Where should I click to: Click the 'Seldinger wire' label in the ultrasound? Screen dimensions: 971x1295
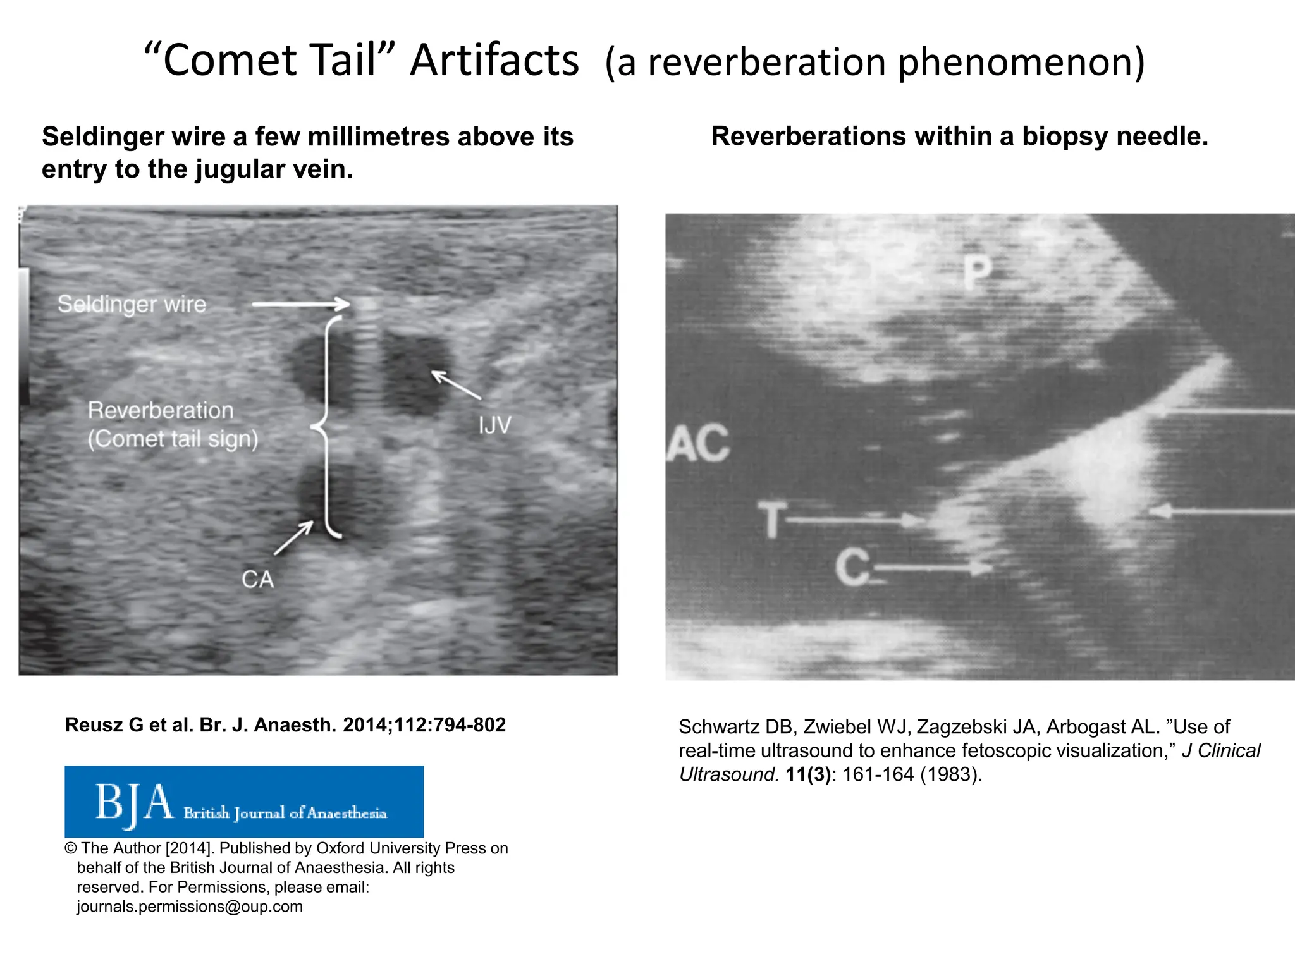[x=132, y=304]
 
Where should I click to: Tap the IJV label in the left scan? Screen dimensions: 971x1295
[x=494, y=425]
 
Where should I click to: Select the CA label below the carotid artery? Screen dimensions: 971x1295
[x=257, y=579]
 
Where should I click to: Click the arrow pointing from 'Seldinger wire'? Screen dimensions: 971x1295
[x=300, y=305]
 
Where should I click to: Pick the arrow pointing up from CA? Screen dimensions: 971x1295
[x=293, y=538]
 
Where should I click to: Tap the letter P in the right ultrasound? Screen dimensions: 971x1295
[x=978, y=272]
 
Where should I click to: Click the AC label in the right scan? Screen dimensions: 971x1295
[x=698, y=443]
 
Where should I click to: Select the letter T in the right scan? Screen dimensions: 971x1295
[x=773, y=519]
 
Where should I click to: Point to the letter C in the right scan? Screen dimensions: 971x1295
[x=852, y=567]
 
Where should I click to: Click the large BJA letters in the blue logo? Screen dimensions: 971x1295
[x=134, y=803]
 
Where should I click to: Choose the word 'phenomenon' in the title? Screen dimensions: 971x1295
[x=1021, y=63]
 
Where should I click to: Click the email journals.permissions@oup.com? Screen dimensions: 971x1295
[x=190, y=907]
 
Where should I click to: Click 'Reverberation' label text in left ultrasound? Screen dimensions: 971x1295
[x=161, y=411]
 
